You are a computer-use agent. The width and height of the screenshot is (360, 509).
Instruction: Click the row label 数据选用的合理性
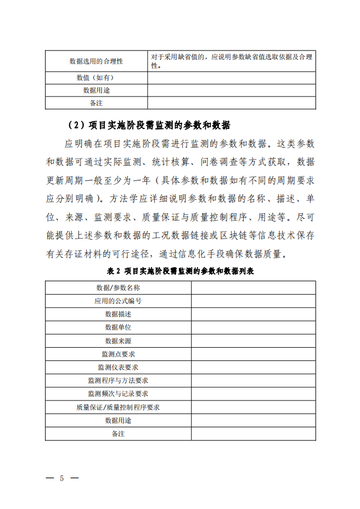pos(96,61)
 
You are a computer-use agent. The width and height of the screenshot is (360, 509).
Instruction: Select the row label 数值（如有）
pos(96,78)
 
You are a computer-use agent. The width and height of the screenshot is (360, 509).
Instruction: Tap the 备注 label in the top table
pos(96,103)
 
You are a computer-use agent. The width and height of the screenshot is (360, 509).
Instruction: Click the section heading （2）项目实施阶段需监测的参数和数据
pos(147,125)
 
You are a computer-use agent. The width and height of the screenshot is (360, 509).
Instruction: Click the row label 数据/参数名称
pos(118,287)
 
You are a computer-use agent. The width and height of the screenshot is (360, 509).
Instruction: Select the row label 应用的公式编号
pos(118,301)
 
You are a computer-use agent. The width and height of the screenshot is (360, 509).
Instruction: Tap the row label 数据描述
pos(118,314)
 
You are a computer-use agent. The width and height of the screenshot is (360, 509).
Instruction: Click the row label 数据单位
pos(118,327)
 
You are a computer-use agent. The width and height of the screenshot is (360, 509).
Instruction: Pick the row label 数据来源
pos(118,341)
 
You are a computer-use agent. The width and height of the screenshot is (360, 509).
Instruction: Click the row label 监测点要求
pos(118,354)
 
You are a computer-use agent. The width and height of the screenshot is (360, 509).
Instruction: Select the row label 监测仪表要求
pos(118,367)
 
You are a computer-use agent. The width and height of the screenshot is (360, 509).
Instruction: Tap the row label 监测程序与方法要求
pos(118,380)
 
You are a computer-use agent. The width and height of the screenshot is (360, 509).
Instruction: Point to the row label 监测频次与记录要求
pos(118,394)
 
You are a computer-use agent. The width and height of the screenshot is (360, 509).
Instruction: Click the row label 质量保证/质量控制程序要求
pos(118,407)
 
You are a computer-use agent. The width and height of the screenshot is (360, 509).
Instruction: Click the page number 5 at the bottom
pos(62,478)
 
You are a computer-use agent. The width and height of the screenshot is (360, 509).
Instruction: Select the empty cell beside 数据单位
pos(254,327)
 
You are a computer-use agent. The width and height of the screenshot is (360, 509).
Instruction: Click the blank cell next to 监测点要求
pos(254,354)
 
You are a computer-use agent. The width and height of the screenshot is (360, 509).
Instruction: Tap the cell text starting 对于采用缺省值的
pos(232,61)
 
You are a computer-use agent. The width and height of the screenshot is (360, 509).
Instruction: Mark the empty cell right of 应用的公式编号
pos(254,301)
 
